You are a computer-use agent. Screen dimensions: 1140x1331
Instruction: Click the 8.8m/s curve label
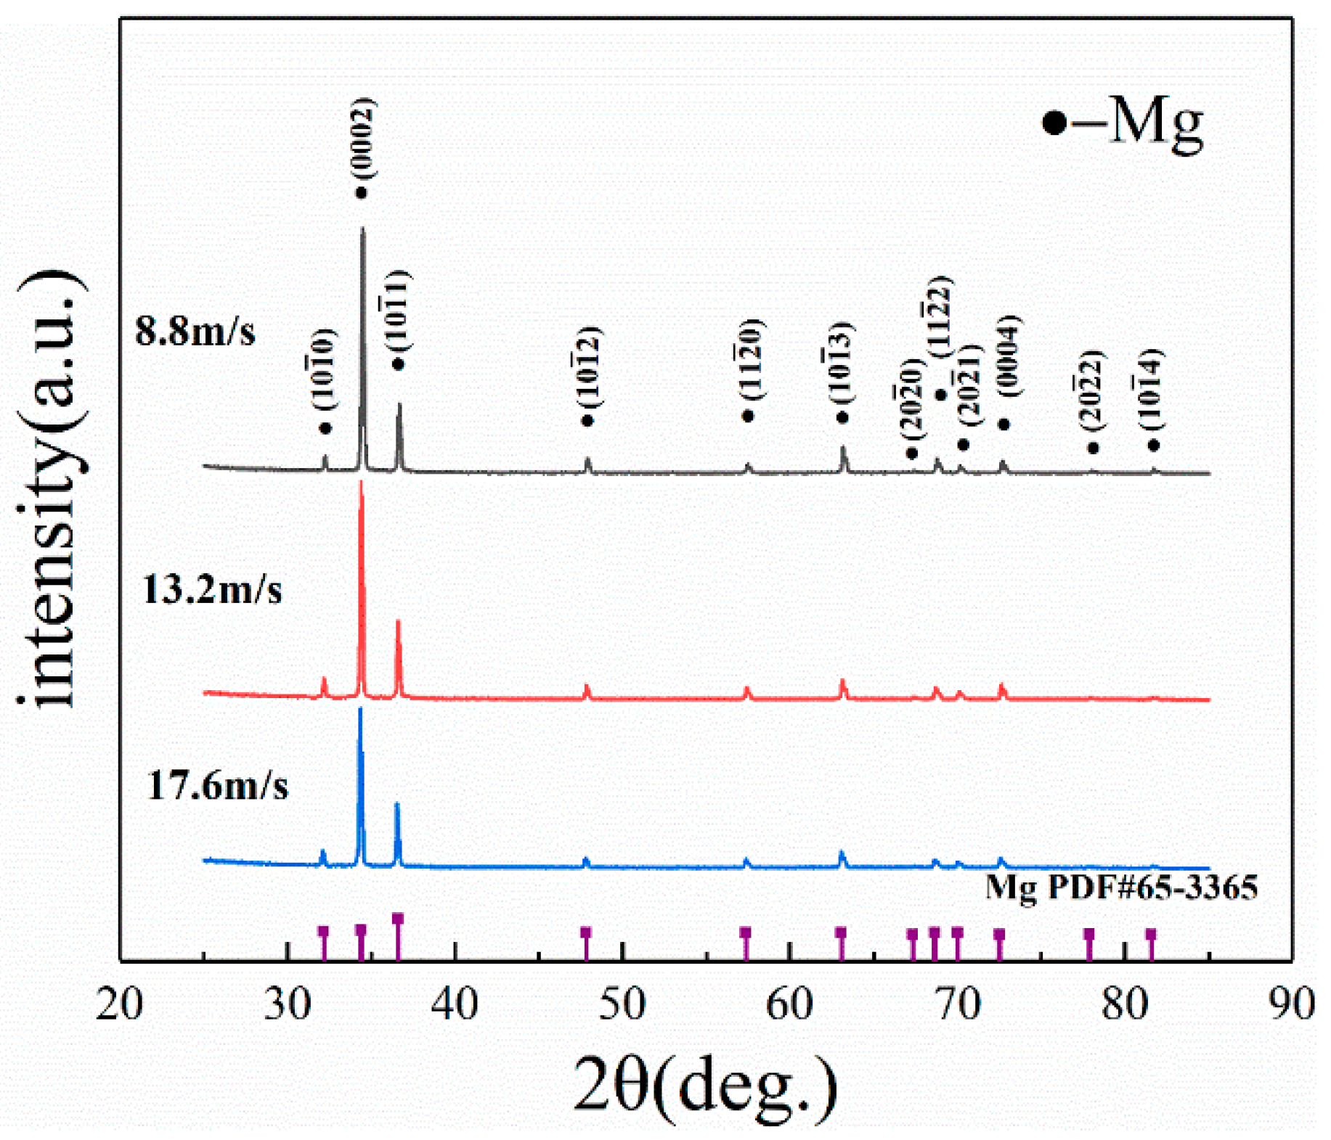195,332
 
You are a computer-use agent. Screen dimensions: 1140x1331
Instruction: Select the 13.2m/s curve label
212,589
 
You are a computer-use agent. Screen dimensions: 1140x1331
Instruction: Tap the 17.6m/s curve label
218,786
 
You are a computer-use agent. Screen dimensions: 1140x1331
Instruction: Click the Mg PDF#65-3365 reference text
1121,887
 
